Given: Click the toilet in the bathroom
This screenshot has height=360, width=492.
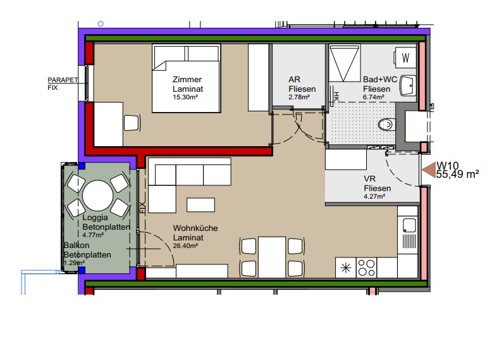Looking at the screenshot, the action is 386,125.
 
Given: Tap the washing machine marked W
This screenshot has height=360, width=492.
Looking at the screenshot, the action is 405,58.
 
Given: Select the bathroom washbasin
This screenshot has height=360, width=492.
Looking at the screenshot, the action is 408,85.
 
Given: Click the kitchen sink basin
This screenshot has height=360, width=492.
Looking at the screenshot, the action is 409,225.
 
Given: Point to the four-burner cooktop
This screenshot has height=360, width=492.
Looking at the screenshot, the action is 367,268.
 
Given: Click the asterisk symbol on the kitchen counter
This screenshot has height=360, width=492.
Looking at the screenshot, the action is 346,268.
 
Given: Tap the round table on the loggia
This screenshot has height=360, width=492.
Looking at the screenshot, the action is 97,196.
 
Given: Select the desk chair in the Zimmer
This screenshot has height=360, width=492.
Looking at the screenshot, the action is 132,123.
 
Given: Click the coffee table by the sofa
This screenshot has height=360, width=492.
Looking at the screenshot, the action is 201,204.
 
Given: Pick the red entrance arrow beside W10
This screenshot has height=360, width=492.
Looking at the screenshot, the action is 428,170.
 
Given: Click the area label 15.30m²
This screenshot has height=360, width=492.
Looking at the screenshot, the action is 185,97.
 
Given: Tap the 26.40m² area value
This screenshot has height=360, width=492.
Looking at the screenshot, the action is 185,245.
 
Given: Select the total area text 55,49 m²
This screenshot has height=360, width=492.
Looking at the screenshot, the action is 457,174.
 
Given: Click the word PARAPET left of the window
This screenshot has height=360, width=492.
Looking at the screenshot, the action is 63,80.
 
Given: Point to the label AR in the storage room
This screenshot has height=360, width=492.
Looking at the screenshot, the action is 294,80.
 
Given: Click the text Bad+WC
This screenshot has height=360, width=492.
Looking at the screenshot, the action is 380,80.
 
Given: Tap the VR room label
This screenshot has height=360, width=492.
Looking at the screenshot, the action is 369,179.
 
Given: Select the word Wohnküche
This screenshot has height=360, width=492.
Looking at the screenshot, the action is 195,228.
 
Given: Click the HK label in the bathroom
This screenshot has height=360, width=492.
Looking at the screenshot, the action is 336,96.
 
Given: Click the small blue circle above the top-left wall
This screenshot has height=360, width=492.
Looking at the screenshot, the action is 101,23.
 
